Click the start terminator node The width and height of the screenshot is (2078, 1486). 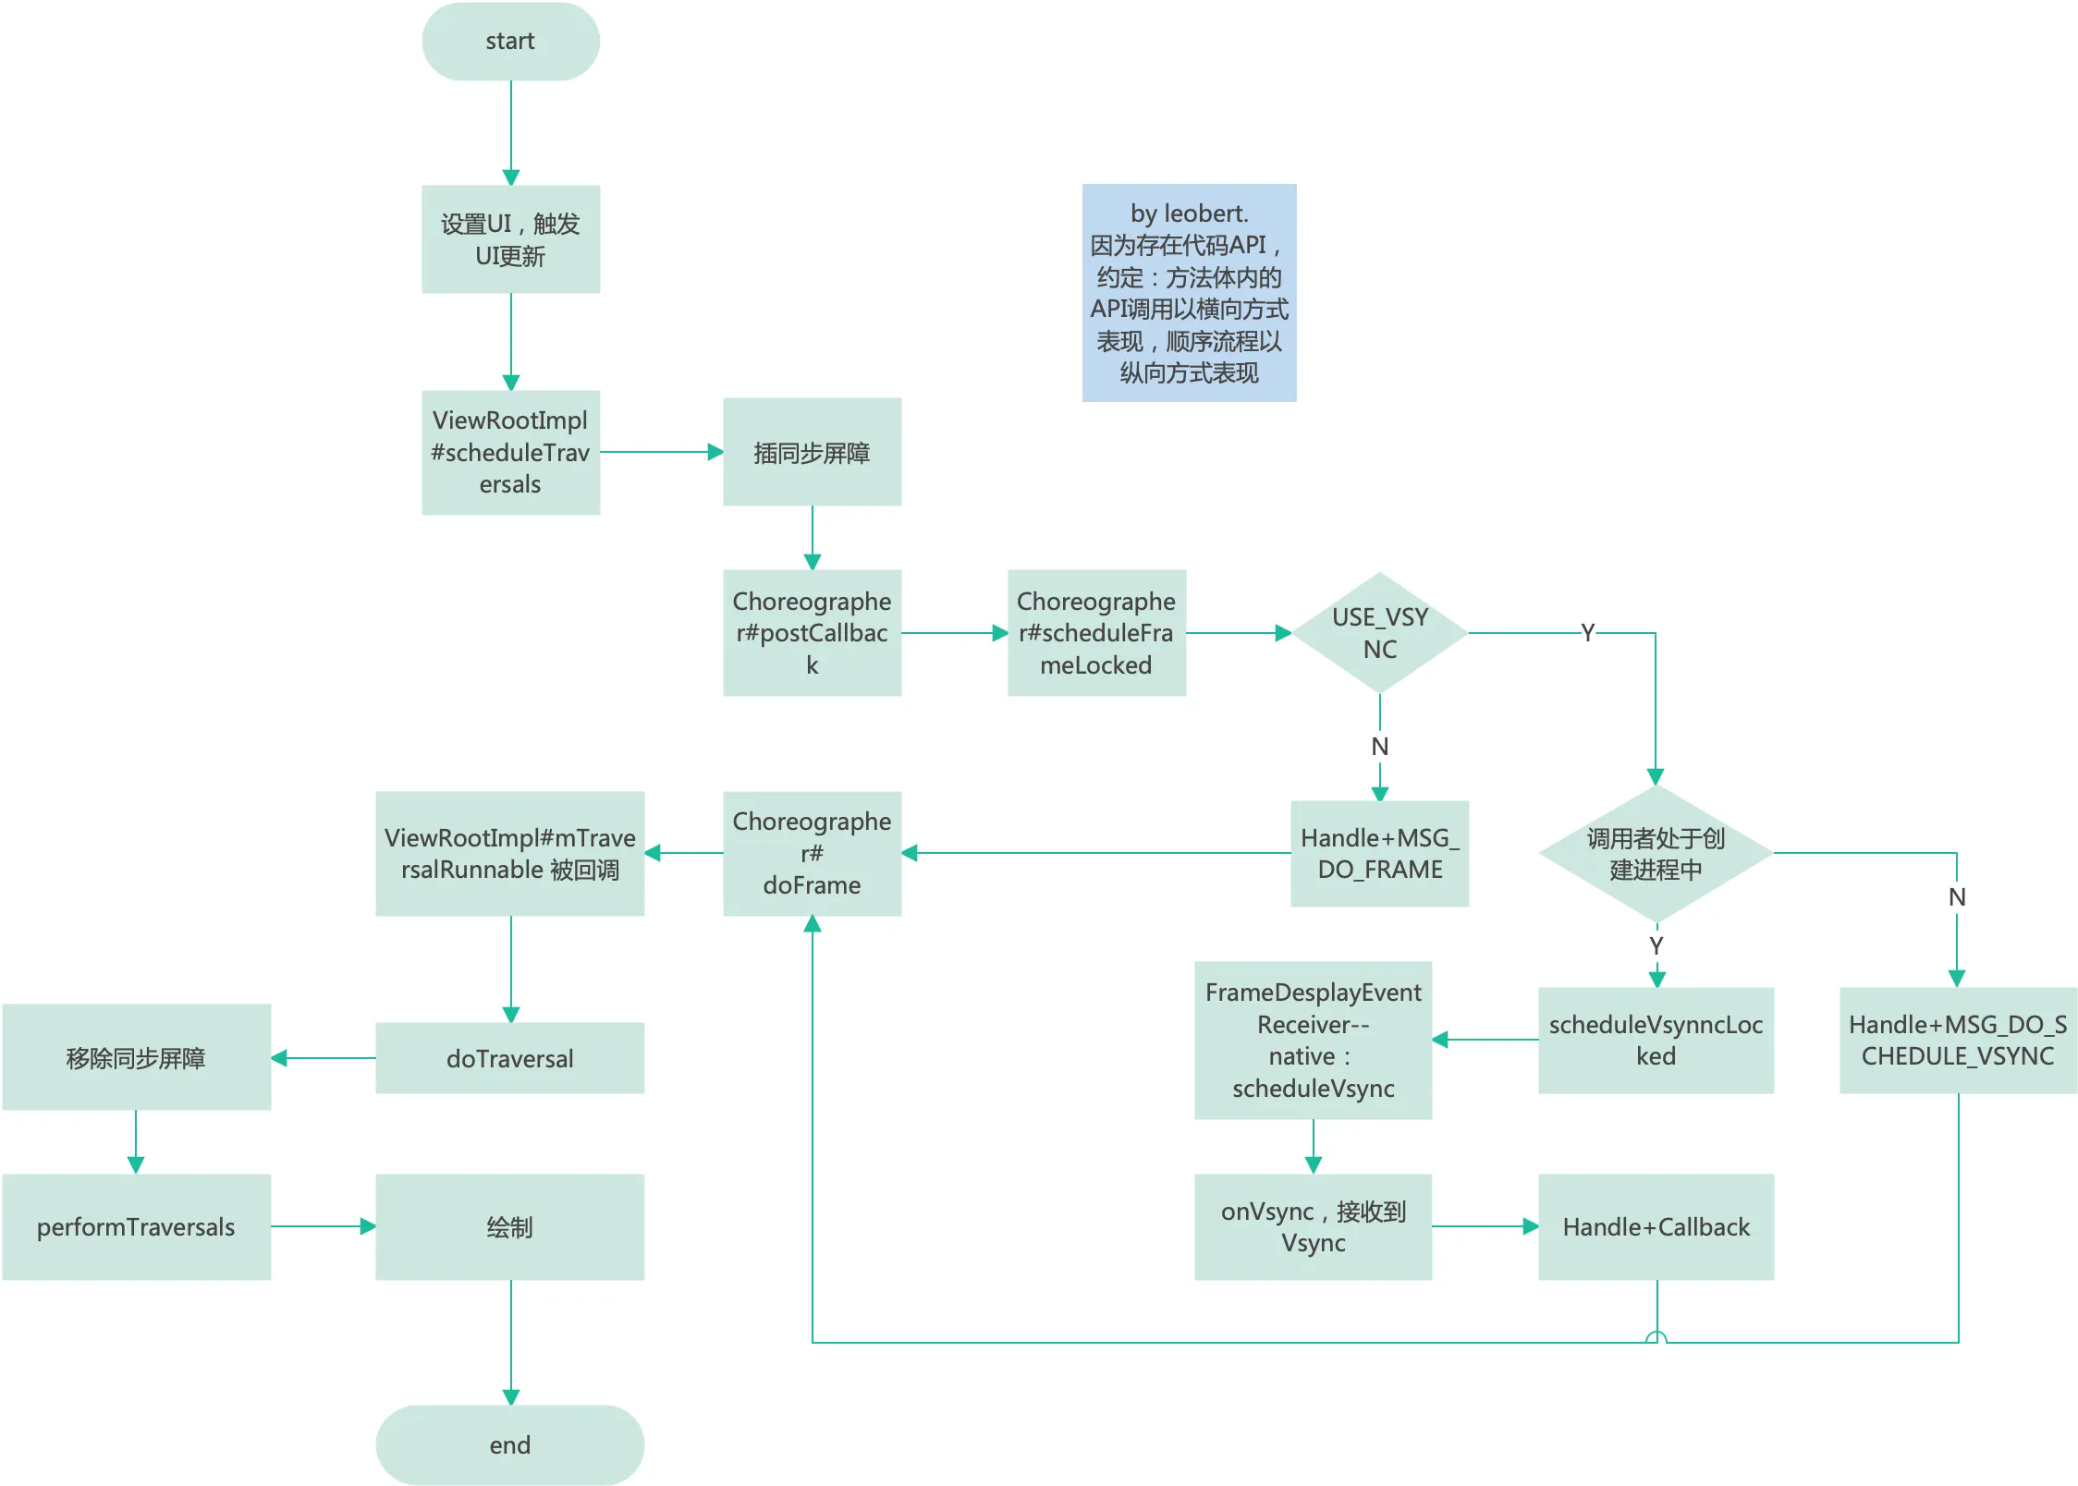(510, 42)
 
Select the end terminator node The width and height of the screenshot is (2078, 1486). (510, 1444)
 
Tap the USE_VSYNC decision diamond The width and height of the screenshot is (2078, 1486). (1379, 633)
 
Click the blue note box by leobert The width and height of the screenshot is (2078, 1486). (1189, 293)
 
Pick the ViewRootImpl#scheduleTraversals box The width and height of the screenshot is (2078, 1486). (510, 452)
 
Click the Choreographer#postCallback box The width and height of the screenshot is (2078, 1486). (812, 633)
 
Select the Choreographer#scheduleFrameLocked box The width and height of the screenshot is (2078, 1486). (1096, 633)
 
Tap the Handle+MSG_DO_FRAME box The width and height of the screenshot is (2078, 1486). (1379, 853)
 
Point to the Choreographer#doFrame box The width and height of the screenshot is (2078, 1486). (812, 853)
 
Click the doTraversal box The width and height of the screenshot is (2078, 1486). (510, 1058)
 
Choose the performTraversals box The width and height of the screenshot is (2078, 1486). (136, 1226)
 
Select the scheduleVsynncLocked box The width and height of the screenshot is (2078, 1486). (1656, 1041)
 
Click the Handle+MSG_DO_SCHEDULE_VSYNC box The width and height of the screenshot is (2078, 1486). (1958, 1041)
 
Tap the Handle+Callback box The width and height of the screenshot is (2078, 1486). (1656, 1226)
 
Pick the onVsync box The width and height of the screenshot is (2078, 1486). (1313, 1226)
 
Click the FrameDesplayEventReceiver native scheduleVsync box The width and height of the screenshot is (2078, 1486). (1313, 1041)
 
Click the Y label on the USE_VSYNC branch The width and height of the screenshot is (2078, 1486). (1587, 633)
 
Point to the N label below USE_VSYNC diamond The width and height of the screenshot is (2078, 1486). (1379, 747)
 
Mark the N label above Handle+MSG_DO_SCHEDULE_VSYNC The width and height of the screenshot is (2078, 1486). (1957, 897)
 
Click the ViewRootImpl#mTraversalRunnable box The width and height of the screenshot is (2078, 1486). (510, 853)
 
